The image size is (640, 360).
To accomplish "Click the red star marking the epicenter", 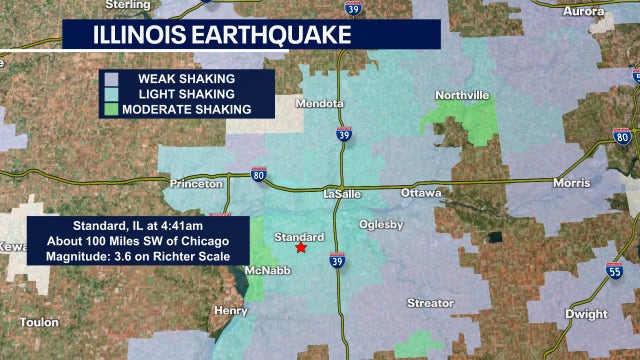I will pos(301,247).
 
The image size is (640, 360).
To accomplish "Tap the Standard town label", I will pos(299,237).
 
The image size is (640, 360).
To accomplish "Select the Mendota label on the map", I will pos(320,103).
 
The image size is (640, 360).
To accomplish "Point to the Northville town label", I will pos(462,95).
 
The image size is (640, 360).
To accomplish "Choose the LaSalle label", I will pos(348,193).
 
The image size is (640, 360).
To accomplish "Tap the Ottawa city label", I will pos(420,191).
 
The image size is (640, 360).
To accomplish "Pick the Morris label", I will pos(571,183).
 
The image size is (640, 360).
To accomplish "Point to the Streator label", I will pos(430,302).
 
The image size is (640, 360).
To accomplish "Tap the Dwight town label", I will pos(586,313).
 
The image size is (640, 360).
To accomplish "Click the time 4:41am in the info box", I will pos(180,225).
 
